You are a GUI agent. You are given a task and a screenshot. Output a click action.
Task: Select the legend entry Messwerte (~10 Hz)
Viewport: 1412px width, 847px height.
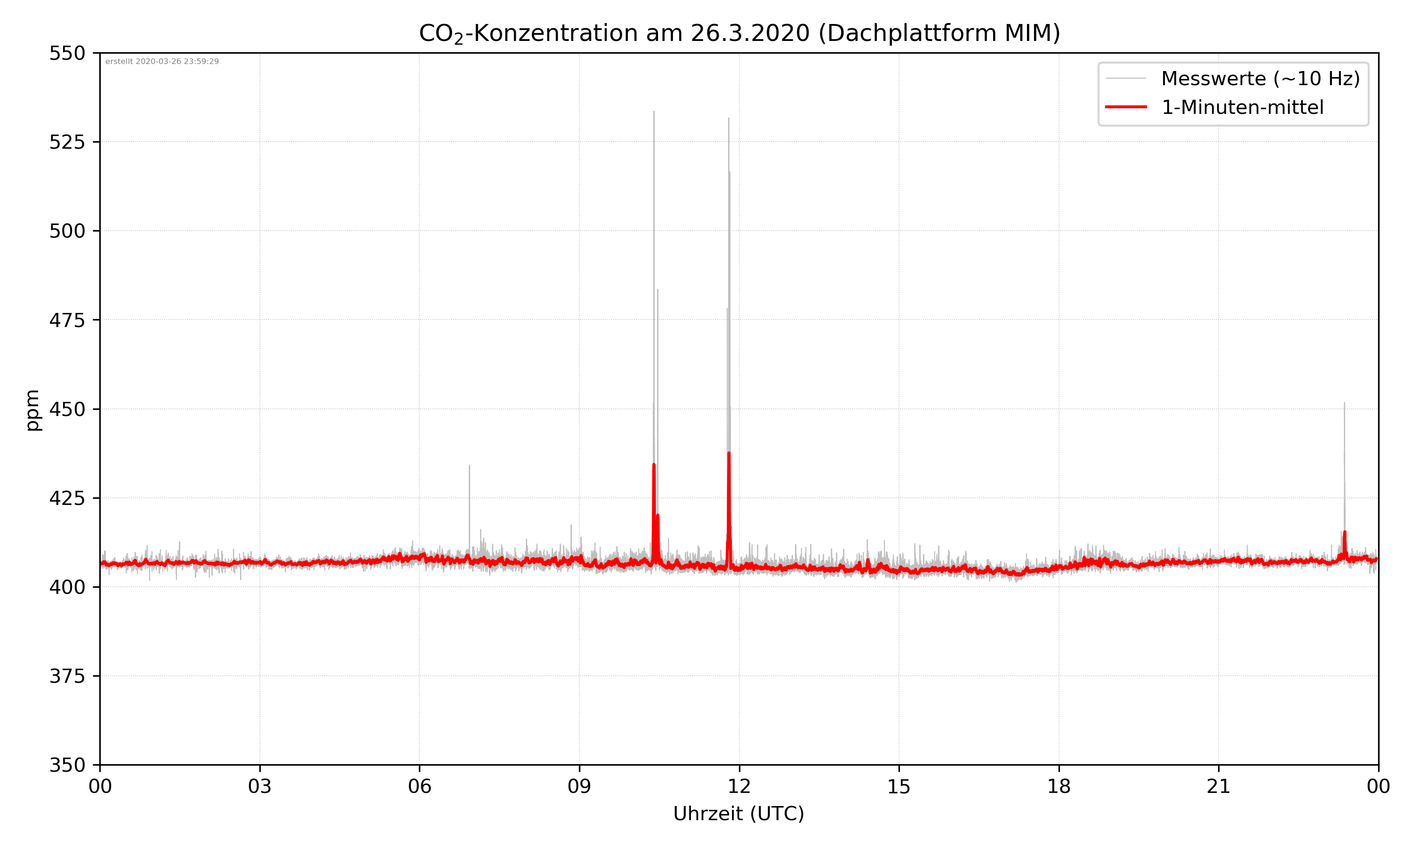click(1260, 79)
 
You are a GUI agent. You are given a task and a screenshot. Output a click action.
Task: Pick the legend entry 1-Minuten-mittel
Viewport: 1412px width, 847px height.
click(1242, 107)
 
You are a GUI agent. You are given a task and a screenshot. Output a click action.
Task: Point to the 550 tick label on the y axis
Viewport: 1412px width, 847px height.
click(67, 53)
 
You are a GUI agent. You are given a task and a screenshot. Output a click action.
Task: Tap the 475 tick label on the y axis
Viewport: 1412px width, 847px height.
click(67, 320)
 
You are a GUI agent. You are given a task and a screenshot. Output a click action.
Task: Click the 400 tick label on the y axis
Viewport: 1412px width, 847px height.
click(67, 587)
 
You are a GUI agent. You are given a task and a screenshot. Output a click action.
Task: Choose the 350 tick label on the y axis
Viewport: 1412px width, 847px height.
click(67, 766)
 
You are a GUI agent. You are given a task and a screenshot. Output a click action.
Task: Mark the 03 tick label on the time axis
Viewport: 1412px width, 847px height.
click(260, 786)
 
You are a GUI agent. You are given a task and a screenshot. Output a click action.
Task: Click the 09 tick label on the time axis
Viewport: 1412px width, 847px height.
click(579, 786)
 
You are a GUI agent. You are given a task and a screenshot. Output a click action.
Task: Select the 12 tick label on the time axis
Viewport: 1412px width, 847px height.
click(739, 786)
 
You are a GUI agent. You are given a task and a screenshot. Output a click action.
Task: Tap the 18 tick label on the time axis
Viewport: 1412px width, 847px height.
click(1059, 786)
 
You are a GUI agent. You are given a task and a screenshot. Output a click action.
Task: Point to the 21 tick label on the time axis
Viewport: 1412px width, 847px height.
click(1219, 786)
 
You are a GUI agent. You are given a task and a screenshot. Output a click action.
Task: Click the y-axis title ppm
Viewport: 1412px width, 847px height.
click(33, 410)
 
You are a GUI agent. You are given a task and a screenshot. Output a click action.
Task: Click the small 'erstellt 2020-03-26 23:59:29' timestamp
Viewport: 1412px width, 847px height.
click(162, 62)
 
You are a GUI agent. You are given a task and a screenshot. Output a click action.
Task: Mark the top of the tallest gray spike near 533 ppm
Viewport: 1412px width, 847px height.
click(654, 112)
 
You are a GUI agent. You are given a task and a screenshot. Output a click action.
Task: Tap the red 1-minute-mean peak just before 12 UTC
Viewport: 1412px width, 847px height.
click(729, 454)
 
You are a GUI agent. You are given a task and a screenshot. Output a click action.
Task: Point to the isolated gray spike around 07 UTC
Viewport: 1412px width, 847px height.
click(470, 467)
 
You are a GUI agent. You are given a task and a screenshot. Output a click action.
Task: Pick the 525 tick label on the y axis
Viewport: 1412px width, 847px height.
click(67, 142)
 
